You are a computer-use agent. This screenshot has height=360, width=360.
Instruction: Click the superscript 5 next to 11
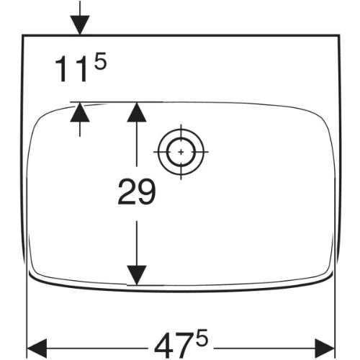coord(100,61)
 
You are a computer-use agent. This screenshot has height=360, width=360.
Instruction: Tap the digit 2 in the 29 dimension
coord(127,192)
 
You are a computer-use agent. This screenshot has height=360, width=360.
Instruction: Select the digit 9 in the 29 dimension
coord(146,192)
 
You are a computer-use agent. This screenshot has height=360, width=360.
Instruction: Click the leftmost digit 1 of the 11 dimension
coord(61,69)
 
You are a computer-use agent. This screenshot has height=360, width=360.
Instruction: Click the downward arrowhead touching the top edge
coord(80,25)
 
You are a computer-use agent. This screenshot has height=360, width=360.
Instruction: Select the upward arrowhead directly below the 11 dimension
coord(80,112)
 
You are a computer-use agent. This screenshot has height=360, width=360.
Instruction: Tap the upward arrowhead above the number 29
coord(137,112)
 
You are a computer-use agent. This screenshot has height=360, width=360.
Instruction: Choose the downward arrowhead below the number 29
coord(137,275)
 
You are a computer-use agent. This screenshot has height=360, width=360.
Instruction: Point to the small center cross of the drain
coord(181,152)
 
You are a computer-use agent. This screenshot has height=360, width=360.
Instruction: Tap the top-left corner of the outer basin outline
coord(22,35)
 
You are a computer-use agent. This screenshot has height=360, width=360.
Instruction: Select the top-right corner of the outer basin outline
coord(339,35)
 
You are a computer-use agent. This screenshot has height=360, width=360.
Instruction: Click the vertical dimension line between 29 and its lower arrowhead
coord(137,243)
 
